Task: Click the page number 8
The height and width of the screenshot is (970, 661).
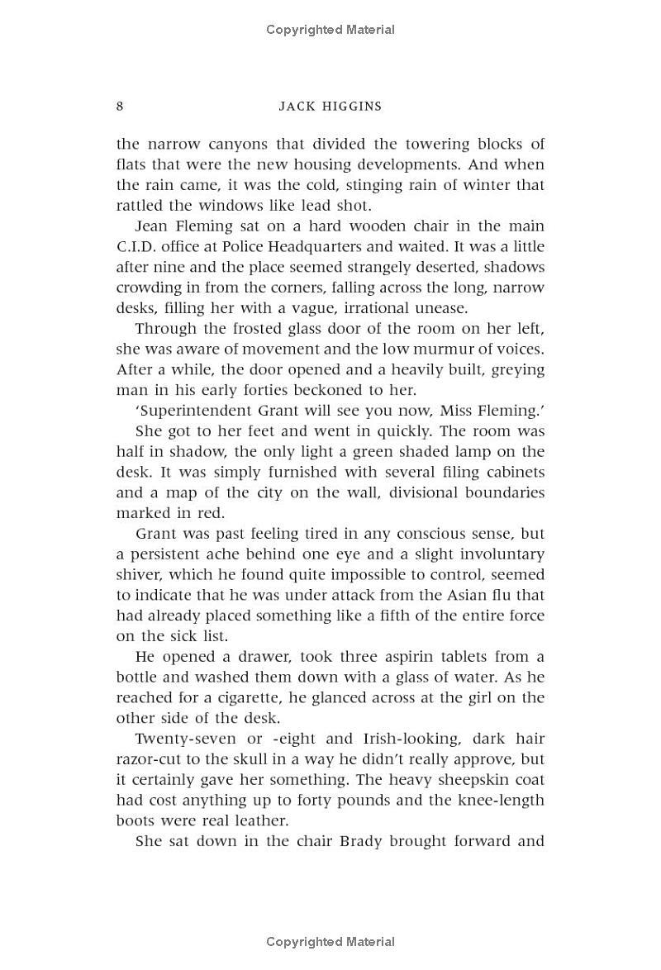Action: [x=121, y=106]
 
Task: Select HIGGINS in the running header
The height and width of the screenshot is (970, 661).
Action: [x=354, y=107]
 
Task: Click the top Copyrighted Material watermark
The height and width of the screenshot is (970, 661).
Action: [x=330, y=30]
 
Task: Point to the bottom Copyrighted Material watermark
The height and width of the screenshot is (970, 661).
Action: [x=330, y=942]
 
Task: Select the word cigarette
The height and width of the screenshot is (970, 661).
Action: [x=253, y=698]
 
